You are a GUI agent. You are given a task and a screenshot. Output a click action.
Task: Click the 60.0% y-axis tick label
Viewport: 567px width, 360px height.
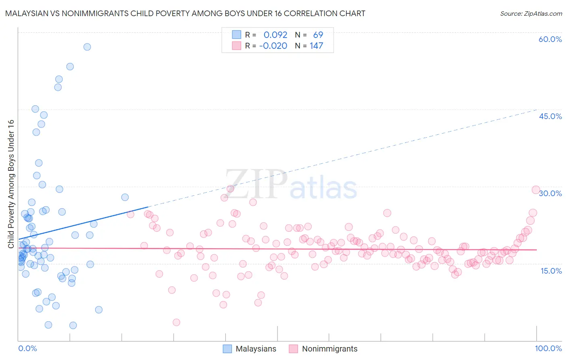(550, 40)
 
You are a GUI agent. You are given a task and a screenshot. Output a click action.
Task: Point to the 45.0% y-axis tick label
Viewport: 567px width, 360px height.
(550, 117)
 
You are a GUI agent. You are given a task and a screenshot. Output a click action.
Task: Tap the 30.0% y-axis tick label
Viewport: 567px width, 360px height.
(550, 194)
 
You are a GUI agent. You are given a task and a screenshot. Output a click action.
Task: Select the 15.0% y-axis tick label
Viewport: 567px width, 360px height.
(551, 271)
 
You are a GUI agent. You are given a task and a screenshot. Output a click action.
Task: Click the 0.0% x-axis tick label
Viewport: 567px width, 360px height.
(27, 349)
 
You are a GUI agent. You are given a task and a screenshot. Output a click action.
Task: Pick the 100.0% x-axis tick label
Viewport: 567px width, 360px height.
(548, 349)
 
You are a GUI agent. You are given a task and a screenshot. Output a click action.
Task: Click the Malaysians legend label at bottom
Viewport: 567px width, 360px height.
(256, 349)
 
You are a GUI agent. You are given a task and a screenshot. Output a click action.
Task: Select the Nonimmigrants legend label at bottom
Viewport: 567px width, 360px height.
(329, 349)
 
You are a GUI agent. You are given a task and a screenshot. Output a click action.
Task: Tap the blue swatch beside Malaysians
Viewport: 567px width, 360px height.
(227, 349)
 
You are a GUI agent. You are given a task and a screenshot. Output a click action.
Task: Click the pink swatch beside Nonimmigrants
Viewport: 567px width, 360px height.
(294, 349)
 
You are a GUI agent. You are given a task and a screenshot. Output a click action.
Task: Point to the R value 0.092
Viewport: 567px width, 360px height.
(275, 35)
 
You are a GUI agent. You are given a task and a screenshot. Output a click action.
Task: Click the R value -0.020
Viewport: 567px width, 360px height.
(273, 46)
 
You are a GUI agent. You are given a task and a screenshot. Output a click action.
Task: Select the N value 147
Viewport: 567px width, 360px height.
(316, 46)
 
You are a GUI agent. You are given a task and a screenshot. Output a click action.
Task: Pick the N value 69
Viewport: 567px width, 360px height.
(318, 35)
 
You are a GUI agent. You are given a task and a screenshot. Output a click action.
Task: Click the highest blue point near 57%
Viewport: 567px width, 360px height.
(87, 47)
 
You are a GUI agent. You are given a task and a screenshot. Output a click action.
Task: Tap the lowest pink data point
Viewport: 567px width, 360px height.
(176, 322)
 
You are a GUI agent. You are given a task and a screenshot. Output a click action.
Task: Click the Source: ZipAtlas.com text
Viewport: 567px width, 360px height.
(531, 14)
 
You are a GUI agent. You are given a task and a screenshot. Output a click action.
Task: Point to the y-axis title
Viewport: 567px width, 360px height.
(11, 184)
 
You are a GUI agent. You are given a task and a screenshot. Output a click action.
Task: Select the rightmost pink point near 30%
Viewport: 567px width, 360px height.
(536, 190)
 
